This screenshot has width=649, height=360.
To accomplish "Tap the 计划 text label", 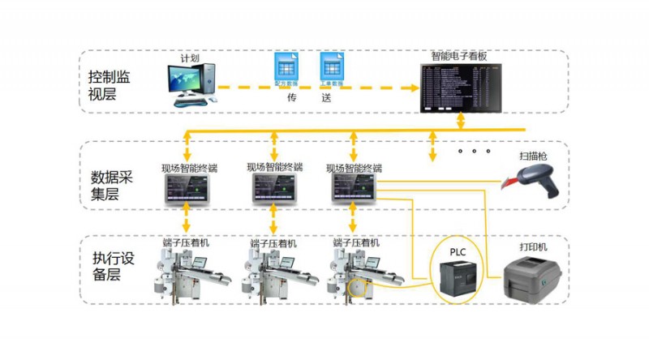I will coord(190,59).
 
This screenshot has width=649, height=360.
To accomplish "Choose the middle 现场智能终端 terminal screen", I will coord(274,188).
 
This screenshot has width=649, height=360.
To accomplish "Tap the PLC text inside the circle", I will coord(458,252).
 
